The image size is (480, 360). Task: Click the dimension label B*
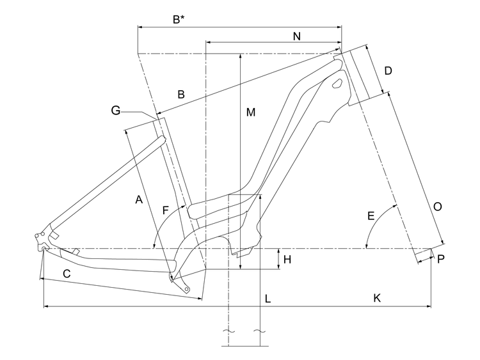[x=179, y=19]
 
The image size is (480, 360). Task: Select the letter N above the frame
[x=296, y=36]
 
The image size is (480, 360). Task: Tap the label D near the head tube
[x=388, y=70]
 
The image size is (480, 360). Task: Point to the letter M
[x=251, y=113]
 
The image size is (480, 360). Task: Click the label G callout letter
[x=115, y=111]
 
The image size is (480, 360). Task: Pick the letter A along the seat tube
[x=138, y=200]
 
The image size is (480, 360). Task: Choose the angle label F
[x=166, y=210]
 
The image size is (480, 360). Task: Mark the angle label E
[x=371, y=216]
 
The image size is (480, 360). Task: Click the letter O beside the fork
[x=438, y=207]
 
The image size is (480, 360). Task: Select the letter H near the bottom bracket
[x=287, y=260]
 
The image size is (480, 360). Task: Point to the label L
[x=268, y=299]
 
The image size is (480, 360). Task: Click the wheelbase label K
[x=377, y=298]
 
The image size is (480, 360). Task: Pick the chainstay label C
[x=67, y=274]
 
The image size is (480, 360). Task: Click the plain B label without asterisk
[x=181, y=95]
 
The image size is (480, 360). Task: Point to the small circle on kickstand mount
[x=187, y=289]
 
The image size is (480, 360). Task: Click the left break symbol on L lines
[x=228, y=331]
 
